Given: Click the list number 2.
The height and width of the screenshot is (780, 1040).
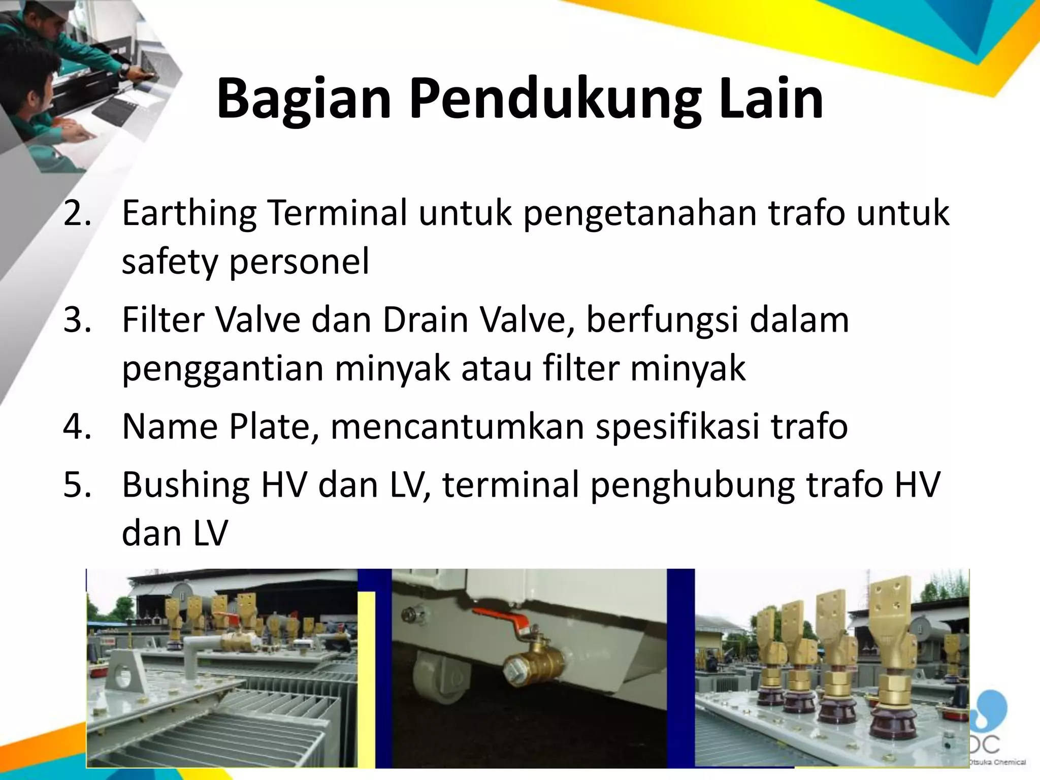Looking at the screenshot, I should click(x=77, y=213).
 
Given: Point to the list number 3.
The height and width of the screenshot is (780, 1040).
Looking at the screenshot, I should click(x=77, y=320).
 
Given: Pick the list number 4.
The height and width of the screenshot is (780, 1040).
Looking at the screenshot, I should click(x=77, y=427).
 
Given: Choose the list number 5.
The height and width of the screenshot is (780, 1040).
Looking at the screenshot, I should click(x=77, y=484).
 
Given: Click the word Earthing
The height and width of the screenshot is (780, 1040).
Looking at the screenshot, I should click(x=189, y=213).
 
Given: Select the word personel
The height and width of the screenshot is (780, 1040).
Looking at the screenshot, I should click(x=300, y=262).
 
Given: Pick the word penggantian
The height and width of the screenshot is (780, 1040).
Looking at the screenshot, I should click(x=222, y=369).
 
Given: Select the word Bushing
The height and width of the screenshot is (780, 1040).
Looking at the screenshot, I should click(x=186, y=484).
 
